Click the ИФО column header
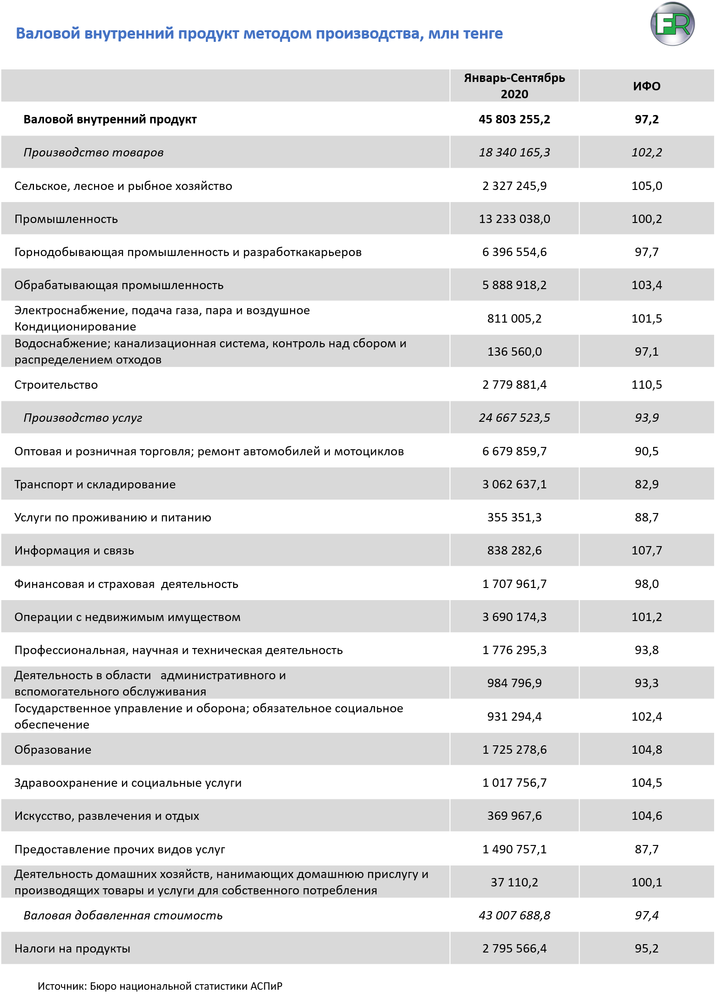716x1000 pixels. click(x=647, y=86)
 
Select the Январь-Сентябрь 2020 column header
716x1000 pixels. click(x=514, y=86)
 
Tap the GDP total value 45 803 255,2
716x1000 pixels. click(x=514, y=119)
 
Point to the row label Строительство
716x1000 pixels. click(x=56, y=385)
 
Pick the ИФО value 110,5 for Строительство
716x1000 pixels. click(x=647, y=385)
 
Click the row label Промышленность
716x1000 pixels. click(x=66, y=219)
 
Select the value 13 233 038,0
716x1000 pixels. click(x=514, y=219)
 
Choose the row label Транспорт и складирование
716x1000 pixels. click(x=95, y=484)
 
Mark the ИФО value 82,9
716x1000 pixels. click(x=647, y=484)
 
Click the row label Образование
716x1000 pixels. click(x=53, y=750)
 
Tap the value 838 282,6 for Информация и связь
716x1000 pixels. click(x=514, y=550)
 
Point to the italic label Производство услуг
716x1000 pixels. click(x=83, y=418)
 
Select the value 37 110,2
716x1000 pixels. click(x=514, y=882)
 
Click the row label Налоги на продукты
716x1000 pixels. click(x=72, y=948)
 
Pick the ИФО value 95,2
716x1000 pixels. click(x=647, y=948)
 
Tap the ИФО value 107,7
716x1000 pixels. click(x=647, y=550)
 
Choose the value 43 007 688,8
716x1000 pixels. click(x=514, y=915)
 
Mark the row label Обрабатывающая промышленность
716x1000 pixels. click(x=119, y=285)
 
